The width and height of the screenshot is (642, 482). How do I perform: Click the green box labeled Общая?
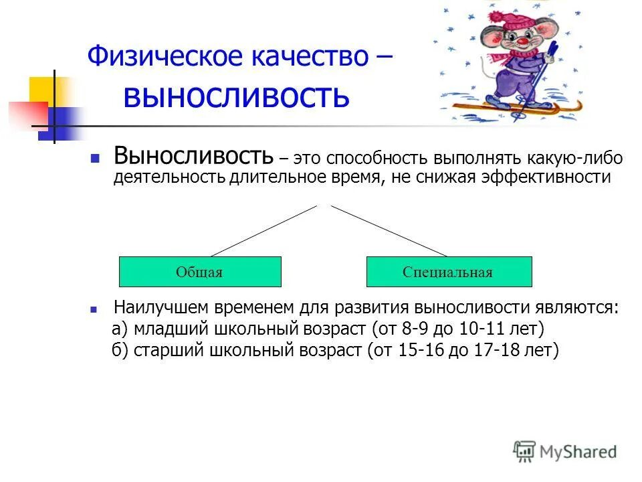point(199,272)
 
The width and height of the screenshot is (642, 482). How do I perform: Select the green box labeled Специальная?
point(449,272)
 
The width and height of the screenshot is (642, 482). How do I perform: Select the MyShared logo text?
point(578,452)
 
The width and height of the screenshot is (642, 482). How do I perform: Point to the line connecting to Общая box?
point(263,231)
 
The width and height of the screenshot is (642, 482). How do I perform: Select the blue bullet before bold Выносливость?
point(95,160)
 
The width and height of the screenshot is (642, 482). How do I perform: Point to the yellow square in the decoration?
point(41,90)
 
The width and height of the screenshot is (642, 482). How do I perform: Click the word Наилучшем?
point(160,308)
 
